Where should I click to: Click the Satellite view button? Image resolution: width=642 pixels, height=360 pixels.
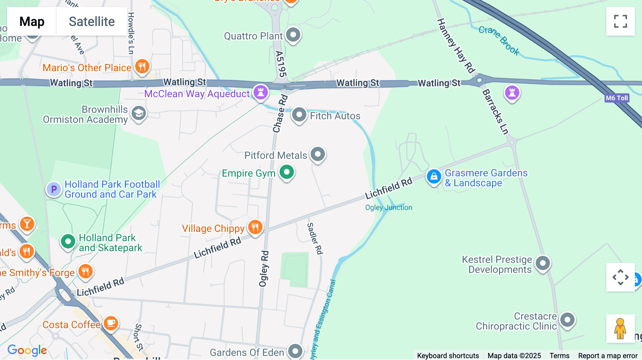coord(92,21)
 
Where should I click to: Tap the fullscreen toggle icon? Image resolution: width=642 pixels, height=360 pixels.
coord(620,21)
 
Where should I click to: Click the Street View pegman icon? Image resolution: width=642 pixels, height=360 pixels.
coord(620,328)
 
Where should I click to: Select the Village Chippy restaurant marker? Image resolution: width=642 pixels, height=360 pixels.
coord(255,227)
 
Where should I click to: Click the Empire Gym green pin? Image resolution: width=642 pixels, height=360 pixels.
coord(286,172)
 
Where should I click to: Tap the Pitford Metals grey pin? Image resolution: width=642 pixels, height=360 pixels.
coord(317,154)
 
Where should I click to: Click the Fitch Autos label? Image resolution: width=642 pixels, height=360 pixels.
coord(335,116)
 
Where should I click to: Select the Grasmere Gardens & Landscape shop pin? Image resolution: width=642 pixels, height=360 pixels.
coord(434,176)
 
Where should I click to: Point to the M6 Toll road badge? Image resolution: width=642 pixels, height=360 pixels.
coord(617,98)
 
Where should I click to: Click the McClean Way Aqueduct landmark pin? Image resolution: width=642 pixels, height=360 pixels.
coord(261,92)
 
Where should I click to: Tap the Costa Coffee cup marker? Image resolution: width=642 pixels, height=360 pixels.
coord(111,323)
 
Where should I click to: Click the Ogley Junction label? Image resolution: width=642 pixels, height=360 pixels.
coord(388,207)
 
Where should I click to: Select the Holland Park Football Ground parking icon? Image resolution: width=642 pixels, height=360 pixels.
coord(54,189)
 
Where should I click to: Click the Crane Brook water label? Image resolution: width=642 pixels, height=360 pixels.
coord(499,40)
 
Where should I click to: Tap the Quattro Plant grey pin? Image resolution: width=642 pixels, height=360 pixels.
coord(293,35)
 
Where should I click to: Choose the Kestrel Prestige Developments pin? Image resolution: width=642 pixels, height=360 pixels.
coord(542,263)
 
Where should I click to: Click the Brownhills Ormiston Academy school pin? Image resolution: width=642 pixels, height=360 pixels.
coord(138,113)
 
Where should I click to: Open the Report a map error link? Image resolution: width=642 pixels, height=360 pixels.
coord(607,355)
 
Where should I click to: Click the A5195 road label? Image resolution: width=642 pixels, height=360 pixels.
coord(281,64)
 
